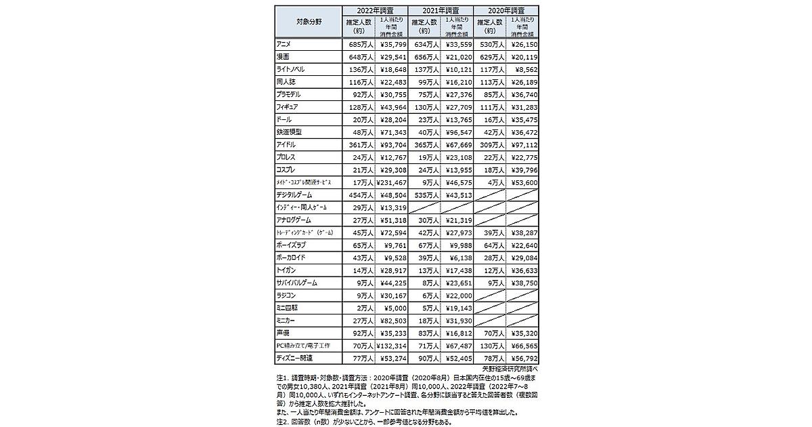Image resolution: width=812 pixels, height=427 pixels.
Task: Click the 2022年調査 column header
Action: pos(376,11)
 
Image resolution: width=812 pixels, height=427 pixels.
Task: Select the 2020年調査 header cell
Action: pos(507,11)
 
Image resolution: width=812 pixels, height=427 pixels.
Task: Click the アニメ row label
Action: pos(286,44)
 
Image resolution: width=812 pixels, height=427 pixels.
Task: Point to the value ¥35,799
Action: pos(392,44)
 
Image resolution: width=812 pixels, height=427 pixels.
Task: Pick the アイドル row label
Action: pos(287,145)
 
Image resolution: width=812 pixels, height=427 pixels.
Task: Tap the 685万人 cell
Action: pos(359,44)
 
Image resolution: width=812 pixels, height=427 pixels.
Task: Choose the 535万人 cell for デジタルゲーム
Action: pos(424,195)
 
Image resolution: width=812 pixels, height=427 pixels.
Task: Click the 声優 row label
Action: pos(284,333)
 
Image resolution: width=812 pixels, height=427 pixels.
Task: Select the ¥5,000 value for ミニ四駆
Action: pos(394,308)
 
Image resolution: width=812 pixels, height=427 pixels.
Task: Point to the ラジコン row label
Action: pos(287,296)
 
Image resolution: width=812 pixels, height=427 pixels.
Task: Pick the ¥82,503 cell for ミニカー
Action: pos(392,321)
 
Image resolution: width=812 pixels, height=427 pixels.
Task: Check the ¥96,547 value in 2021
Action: pos(457,132)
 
